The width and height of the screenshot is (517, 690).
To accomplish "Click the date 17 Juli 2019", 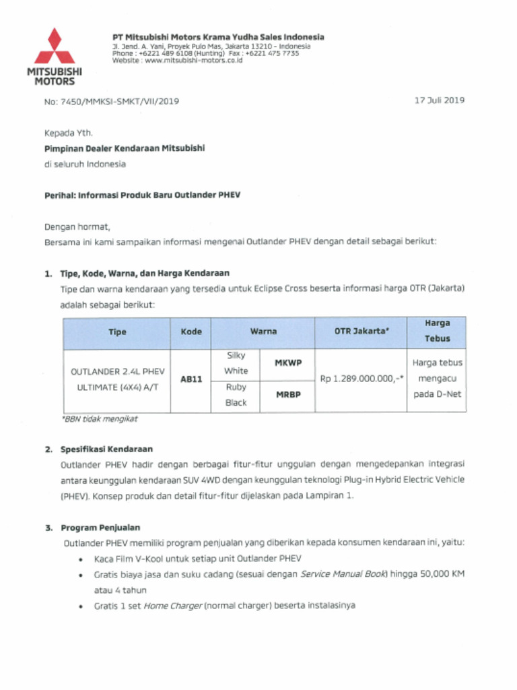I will point(440,100).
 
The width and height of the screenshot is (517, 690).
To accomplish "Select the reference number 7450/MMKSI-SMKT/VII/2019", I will point(120,101).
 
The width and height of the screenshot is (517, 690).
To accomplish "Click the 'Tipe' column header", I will point(117,332).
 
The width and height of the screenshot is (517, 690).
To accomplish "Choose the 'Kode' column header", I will point(191,332).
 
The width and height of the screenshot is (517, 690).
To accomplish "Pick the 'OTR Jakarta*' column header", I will point(361,332).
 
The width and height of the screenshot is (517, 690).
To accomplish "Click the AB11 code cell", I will point(191,379).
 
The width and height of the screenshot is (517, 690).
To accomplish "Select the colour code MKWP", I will point(288,363).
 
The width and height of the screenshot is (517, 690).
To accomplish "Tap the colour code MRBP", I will point(288,395).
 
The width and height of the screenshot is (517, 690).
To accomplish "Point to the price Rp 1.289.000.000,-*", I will point(361,379).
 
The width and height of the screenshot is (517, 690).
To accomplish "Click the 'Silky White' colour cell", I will point(236,363).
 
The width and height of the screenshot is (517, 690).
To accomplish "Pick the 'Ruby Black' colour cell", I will point(236,395).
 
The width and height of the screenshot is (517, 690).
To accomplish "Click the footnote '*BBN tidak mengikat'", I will point(99,419).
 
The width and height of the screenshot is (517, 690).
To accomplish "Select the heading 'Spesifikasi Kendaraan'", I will point(107,449).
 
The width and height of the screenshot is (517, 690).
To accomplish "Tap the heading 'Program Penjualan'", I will point(100,528).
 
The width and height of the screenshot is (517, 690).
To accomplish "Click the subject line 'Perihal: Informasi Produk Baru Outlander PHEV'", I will point(142,195).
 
